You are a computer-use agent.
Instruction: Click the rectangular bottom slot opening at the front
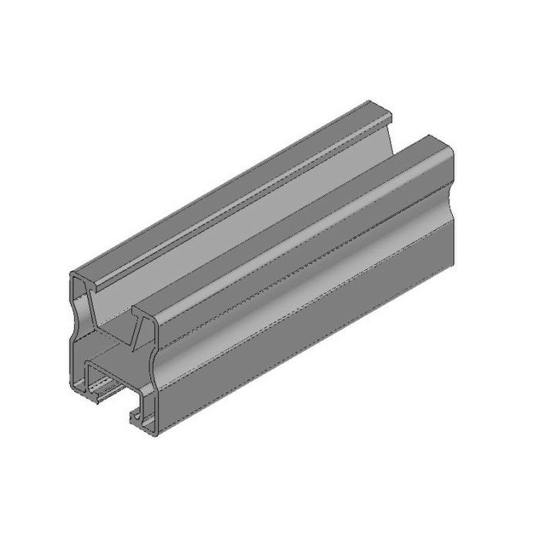pyautogui.click(x=110, y=382)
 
